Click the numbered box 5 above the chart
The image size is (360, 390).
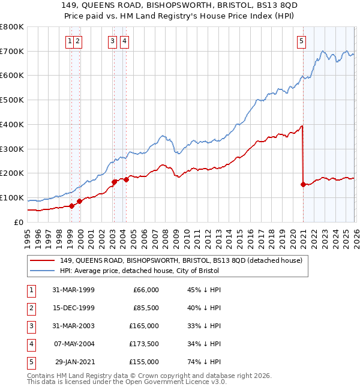301,41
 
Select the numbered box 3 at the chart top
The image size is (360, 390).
113,41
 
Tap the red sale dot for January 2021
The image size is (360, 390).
303,184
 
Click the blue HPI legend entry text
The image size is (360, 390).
139,271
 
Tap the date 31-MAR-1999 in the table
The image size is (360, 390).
73,290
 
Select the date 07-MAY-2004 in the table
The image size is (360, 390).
73,344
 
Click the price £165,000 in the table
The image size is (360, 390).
144,326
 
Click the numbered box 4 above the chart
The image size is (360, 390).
124,41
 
